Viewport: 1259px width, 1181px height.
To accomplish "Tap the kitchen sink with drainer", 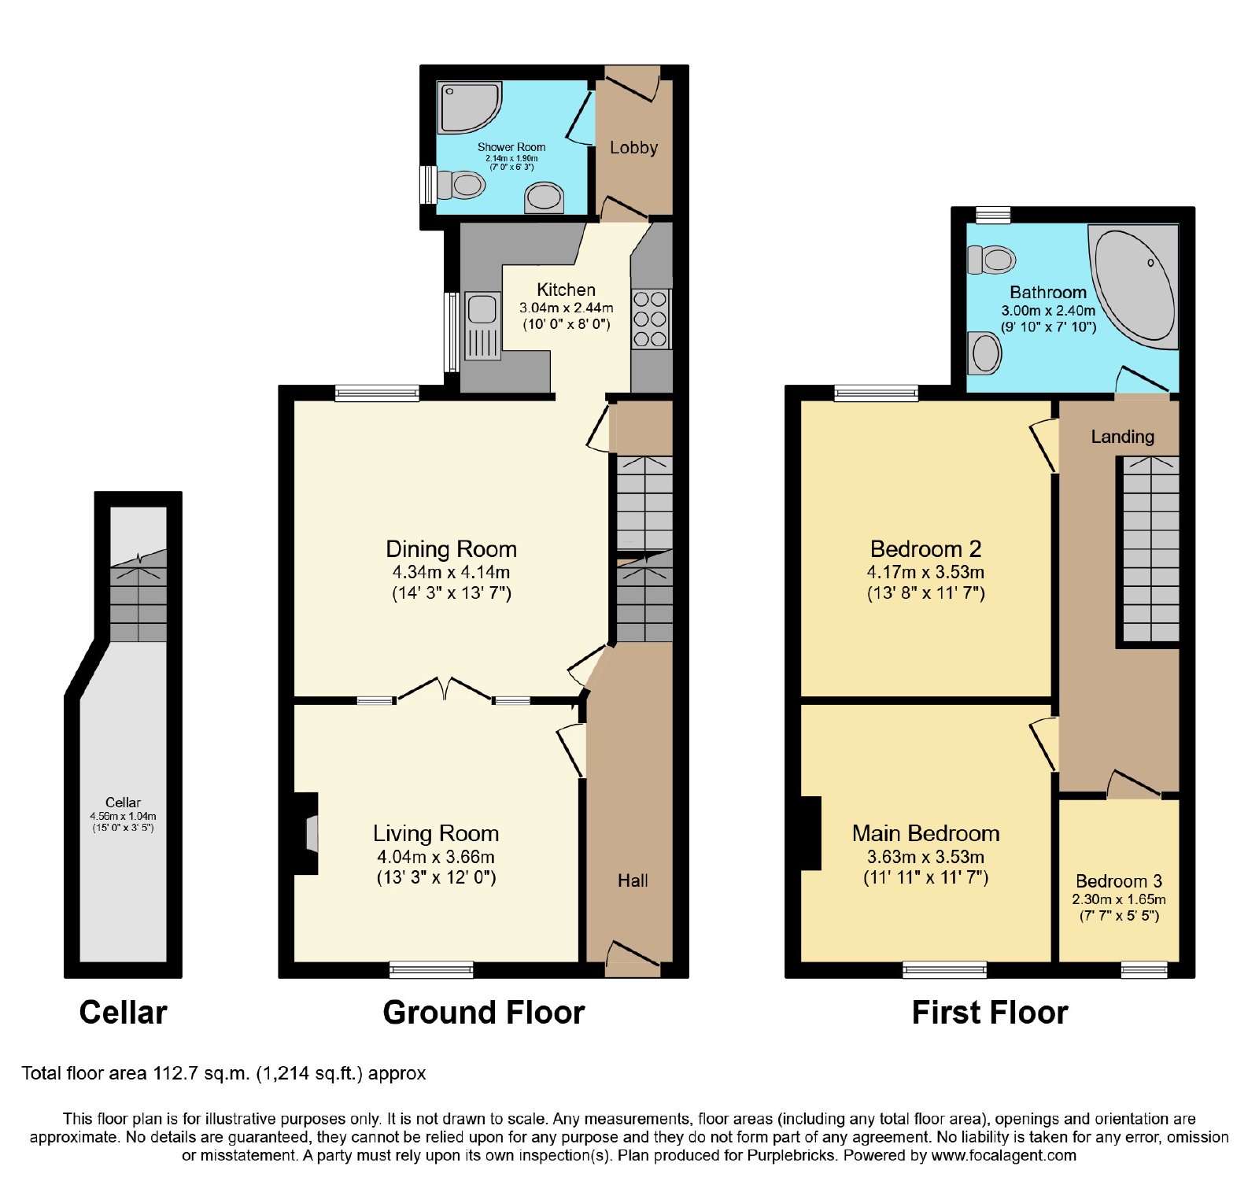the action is tap(482, 326).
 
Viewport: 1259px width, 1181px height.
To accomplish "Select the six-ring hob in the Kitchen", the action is tap(651, 319).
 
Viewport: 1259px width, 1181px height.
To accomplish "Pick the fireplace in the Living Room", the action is tap(306, 833).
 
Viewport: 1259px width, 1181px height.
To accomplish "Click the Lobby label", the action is tap(633, 147).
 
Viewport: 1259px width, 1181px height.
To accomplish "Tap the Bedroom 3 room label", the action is tap(1119, 880).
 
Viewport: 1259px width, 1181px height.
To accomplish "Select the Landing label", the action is tap(1122, 437).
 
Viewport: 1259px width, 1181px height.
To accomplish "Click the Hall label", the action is tap(633, 880).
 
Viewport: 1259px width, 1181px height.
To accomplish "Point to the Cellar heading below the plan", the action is tap(124, 1013).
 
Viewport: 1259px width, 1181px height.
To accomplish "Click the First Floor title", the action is tap(990, 1013).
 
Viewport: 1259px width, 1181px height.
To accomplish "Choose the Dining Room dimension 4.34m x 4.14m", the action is tap(451, 572).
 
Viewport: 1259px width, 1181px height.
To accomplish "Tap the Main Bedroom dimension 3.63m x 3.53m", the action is tap(925, 857).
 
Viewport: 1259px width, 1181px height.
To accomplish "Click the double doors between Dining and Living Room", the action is tap(445, 688).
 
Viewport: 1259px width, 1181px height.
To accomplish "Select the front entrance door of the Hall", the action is tap(633, 955).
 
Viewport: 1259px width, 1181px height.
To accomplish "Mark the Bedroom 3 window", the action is tap(1144, 969).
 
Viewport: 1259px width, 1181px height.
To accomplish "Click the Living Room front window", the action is tap(431, 969).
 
